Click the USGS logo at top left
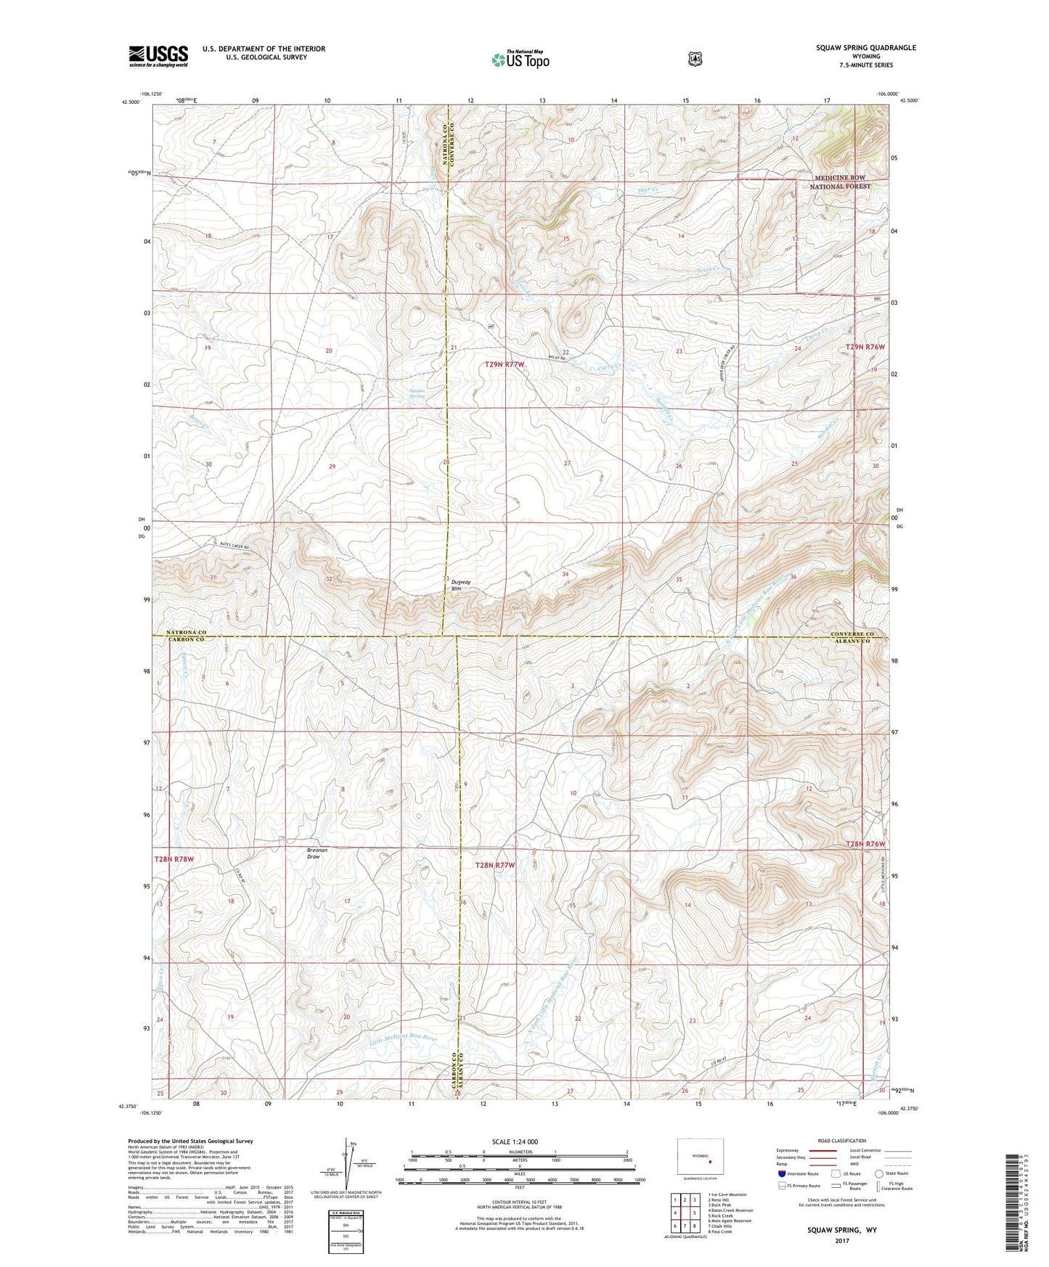point(158,56)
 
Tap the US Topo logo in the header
point(520,60)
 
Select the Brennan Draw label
point(317,853)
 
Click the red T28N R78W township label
point(174,859)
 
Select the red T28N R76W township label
point(865,844)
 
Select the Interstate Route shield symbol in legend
point(781,1173)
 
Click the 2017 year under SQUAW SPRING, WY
point(841,1241)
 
